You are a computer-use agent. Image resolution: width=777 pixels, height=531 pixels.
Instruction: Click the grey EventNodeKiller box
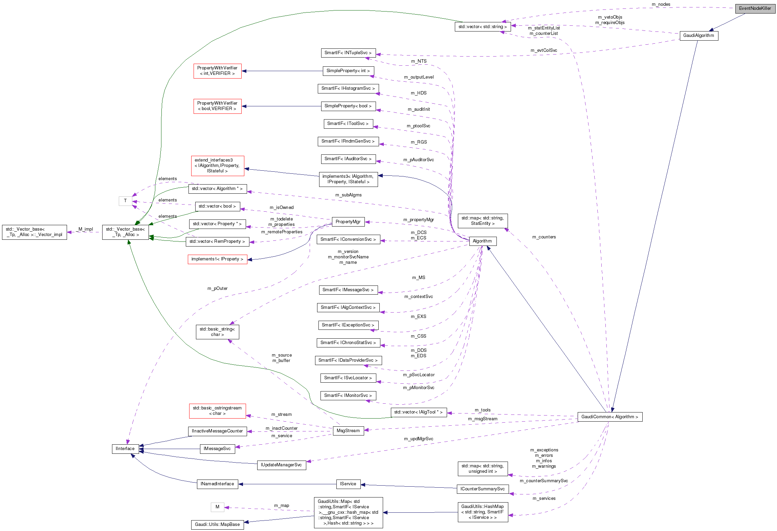click(755, 8)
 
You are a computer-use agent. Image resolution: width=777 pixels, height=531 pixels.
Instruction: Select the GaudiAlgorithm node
click(698, 36)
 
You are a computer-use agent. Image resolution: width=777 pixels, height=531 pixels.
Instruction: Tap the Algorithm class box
click(482, 241)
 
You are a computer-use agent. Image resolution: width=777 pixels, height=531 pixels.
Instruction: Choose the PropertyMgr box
click(348, 222)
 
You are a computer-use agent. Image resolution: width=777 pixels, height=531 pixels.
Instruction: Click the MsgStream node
click(348, 431)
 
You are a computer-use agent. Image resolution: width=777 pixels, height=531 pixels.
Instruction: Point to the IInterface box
click(125, 449)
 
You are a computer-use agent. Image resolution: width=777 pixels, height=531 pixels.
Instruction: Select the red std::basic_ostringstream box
click(217, 411)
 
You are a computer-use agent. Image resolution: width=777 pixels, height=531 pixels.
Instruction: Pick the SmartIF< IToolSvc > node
click(348, 124)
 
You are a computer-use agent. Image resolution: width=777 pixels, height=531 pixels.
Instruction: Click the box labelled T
click(125, 201)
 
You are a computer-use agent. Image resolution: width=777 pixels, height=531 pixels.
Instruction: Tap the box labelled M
click(217, 507)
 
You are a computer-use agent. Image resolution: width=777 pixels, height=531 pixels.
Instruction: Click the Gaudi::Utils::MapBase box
click(217, 525)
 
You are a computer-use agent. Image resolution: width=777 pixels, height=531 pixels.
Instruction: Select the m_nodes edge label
click(661, 4)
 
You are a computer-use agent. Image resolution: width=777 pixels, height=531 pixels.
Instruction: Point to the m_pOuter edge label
click(217, 289)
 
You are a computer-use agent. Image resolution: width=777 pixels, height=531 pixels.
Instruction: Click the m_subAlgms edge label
click(348, 195)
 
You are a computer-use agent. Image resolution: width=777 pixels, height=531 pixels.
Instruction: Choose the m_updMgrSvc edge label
click(418, 439)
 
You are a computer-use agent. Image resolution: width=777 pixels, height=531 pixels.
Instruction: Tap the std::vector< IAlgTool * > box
click(418, 412)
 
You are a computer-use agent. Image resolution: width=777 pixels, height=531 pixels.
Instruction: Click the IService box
click(348, 484)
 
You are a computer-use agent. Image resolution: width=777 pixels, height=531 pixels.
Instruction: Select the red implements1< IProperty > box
click(217, 259)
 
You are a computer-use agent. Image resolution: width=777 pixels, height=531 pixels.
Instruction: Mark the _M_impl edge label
click(85, 229)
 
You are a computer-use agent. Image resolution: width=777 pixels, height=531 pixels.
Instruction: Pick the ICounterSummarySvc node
click(482, 489)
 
